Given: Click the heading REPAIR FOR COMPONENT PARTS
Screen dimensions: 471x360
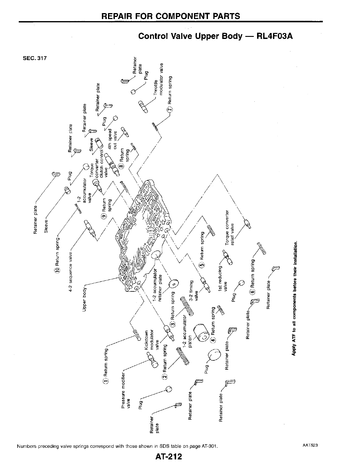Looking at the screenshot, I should (171, 16).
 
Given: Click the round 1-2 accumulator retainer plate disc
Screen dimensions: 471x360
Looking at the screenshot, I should (173, 284).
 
